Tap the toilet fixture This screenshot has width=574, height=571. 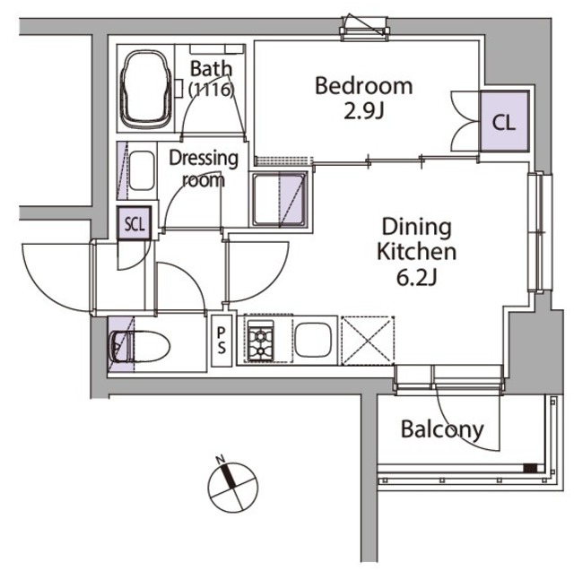click(x=140, y=346)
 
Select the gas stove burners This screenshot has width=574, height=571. click(x=261, y=341)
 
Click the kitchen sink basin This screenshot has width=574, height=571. click(x=313, y=340)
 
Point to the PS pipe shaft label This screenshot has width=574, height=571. click(x=222, y=341)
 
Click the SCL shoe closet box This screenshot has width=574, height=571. click(x=135, y=223)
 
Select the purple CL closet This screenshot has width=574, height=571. click(x=504, y=121)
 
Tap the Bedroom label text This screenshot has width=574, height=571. click(x=364, y=85)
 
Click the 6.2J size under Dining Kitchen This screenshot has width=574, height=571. click(x=416, y=279)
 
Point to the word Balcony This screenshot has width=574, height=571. click(x=442, y=430)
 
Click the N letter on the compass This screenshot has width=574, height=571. click(x=221, y=459)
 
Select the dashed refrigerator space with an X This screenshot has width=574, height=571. click(x=368, y=341)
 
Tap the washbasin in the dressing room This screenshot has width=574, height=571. click(x=142, y=171)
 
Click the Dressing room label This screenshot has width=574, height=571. click(x=204, y=169)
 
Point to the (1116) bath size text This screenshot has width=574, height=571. click(x=211, y=90)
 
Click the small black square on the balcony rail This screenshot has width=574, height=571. click(x=530, y=468)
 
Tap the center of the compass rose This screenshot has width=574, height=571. click(x=233, y=488)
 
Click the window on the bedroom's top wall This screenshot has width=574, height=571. click(x=364, y=29)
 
